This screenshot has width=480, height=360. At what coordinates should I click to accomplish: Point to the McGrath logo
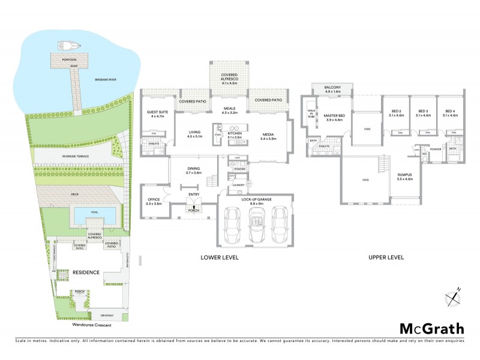(431, 328)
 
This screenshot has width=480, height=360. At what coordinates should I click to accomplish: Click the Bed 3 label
(423, 110)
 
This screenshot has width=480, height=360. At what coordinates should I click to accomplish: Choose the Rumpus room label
(406, 174)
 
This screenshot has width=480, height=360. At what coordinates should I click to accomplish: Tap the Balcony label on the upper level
(332, 88)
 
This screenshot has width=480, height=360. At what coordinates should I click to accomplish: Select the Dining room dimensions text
(193, 173)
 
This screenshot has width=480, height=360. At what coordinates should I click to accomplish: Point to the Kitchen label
(235, 134)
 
